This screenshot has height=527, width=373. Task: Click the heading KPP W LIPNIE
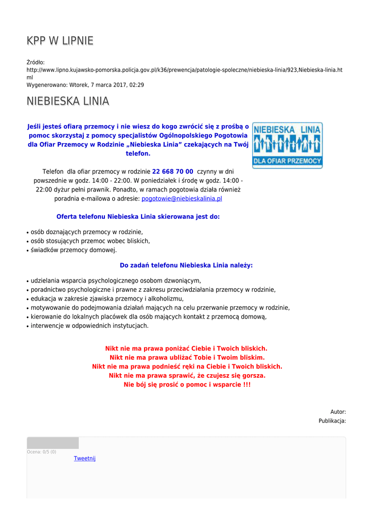point(60,41)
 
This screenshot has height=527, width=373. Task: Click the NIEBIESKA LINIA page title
point(68,101)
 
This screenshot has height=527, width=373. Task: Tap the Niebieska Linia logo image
point(287,145)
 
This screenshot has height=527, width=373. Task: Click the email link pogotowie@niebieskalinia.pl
point(182,198)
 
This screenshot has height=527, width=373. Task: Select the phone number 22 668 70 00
point(173,171)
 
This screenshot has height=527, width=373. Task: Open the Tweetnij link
point(85,459)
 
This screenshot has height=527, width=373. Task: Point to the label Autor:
point(338,412)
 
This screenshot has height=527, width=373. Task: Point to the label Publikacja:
point(332,421)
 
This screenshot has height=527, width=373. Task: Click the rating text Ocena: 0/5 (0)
point(42,452)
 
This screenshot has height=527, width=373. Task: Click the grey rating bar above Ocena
point(52,443)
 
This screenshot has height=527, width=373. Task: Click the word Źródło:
point(35,62)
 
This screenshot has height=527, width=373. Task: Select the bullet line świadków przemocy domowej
point(74,250)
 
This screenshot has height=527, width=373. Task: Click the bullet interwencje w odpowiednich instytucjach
point(90,326)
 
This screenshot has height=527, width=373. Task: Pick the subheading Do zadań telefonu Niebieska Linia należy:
point(186,266)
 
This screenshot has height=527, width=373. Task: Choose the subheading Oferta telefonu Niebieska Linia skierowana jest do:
point(138,217)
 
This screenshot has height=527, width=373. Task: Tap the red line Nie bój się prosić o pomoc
point(187,384)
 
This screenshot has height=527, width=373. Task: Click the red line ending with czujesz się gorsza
point(187,376)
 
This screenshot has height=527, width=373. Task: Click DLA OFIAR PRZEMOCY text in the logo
point(287,161)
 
